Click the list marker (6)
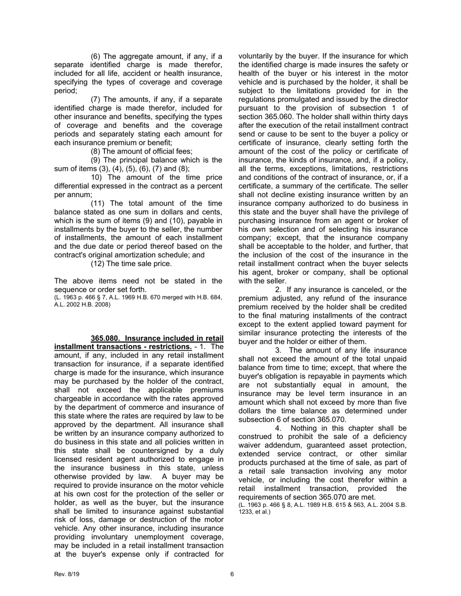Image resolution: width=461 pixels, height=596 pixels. (96, 56)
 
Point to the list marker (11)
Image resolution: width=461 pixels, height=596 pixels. (98, 203)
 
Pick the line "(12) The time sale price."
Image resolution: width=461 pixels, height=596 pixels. (131, 264)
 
